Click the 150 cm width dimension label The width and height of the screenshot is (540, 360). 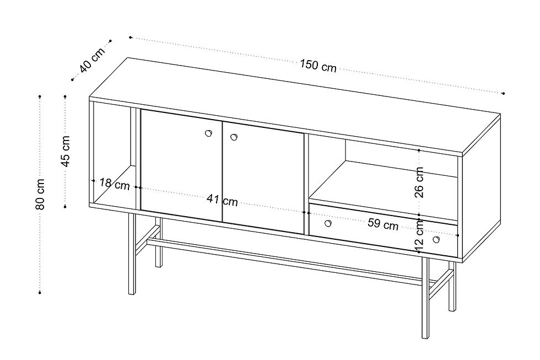tap(318, 66)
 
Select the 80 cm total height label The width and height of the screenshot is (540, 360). tap(40, 194)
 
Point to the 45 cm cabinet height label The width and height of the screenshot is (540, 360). tap(65, 151)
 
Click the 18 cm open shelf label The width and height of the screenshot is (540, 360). tap(115, 184)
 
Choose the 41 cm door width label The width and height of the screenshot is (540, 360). tap(222, 200)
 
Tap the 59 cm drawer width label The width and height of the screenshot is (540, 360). tap(383, 224)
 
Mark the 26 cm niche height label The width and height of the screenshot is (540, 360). tap(419, 182)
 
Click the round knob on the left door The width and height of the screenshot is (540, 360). tap(208, 133)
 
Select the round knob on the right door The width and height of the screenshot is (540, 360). tap(234, 137)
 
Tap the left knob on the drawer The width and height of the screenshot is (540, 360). tap(328, 223)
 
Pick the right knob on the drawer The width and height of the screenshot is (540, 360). tap(436, 239)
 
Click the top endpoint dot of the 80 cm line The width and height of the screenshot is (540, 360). tap(40, 96)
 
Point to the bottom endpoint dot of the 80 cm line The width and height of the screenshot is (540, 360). tap(40, 293)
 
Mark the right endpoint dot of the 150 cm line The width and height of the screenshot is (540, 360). tap(503, 93)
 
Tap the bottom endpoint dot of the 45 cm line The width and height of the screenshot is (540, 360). tap(65, 206)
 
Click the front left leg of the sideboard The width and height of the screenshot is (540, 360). tap(132, 254)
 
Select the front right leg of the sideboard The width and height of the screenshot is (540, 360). tap(425, 298)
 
